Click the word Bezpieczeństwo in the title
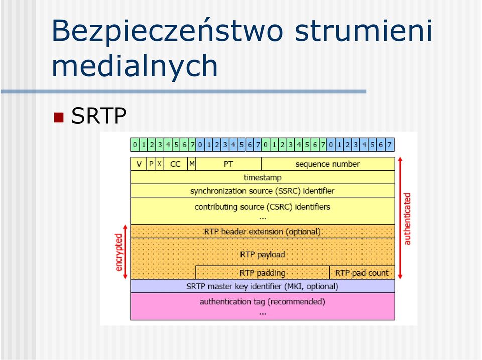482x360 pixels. [x=167, y=31]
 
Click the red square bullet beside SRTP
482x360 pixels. [x=58, y=117]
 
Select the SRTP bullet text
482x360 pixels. [x=99, y=116]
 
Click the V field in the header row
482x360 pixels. [x=139, y=164]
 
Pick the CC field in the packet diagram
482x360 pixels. [x=175, y=164]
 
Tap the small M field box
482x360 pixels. [x=192, y=164]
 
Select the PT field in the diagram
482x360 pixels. [x=228, y=164]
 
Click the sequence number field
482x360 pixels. [x=328, y=164]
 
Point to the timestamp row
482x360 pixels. [x=263, y=177]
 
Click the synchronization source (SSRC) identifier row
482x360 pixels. [x=263, y=191]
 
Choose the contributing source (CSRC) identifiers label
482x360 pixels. [x=263, y=207]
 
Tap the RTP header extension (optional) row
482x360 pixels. [x=263, y=231]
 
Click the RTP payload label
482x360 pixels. [x=263, y=254]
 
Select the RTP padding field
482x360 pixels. [x=263, y=272]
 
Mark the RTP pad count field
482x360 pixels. [x=362, y=272]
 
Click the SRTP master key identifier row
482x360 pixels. [x=263, y=286]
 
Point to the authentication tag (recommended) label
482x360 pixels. [x=263, y=302]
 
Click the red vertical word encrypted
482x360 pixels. [x=118, y=253]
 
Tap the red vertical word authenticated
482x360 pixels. [x=407, y=219]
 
